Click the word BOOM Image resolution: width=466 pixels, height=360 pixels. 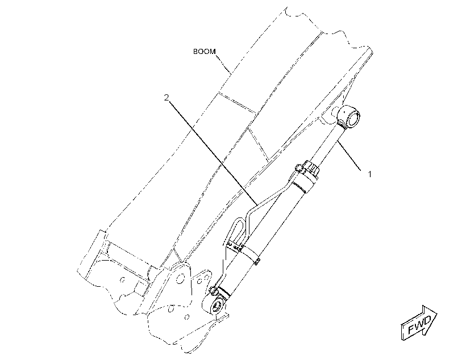point(204,51)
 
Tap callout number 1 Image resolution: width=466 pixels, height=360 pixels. point(370,174)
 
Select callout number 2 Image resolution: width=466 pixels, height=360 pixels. point(167,97)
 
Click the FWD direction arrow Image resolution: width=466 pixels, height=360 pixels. point(419,323)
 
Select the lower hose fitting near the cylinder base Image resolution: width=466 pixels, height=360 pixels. point(213,291)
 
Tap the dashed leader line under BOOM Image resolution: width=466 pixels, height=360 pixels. point(223,64)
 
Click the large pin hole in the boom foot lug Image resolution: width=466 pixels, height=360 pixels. point(180,279)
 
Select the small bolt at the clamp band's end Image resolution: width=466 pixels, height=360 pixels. point(257,261)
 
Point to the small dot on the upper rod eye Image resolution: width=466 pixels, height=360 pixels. point(343,112)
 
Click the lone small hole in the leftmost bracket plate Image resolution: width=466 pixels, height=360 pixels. point(122,279)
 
